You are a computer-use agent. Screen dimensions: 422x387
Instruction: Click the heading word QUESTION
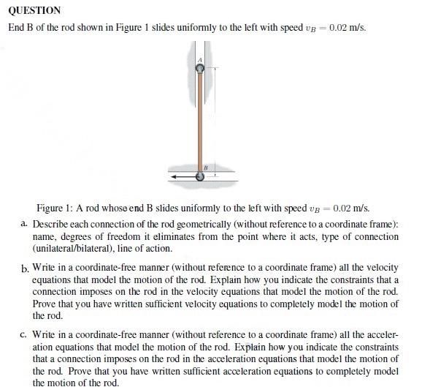point(34,11)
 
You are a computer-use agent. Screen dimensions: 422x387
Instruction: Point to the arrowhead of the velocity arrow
point(172,176)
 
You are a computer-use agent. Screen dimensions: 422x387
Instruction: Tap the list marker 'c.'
point(26,334)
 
